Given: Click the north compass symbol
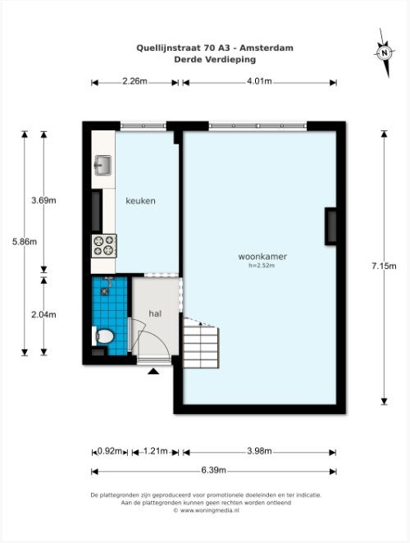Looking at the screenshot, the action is (385, 52).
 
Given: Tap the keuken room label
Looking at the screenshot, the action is (140, 200).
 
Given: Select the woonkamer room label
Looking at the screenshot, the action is (262, 257).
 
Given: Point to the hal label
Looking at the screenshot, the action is (155, 314).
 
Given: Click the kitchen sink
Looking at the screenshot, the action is (102, 165).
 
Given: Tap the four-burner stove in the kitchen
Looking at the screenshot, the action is (104, 245).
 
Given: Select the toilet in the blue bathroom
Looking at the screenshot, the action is (103, 336).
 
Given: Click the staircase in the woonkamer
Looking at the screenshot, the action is (201, 343).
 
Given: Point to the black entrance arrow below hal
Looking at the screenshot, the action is (153, 372).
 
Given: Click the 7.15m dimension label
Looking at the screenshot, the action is (384, 266).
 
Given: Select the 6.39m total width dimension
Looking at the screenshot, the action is (214, 470).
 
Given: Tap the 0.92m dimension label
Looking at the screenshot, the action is (110, 451).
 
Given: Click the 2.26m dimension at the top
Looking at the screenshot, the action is (134, 81).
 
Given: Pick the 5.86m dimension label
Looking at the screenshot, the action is (25, 242).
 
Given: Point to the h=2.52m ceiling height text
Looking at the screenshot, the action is (262, 266).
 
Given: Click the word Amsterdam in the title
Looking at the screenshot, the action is (266, 48).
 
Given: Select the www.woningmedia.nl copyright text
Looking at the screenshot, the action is (207, 510).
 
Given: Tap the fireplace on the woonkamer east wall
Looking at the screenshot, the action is (330, 226).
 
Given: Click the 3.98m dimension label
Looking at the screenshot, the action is (259, 451).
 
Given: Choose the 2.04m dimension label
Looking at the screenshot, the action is (43, 315).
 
